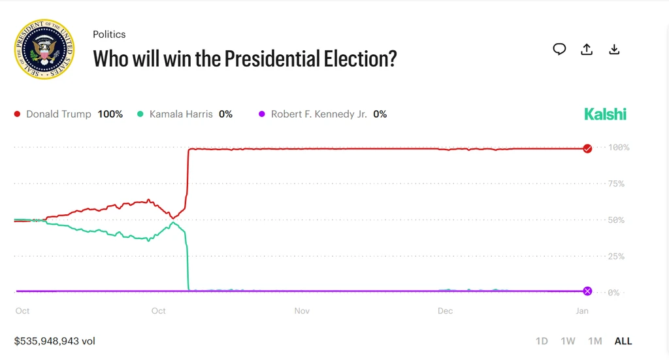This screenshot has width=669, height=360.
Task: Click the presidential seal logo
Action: (44, 50)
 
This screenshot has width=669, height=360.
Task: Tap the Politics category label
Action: (109, 34)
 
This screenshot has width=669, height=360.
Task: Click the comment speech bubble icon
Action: (559, 49)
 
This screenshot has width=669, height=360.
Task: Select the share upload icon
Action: (587, 49)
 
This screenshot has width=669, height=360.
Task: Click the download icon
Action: (614, 49)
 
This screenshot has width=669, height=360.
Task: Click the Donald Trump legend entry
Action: (68, 114)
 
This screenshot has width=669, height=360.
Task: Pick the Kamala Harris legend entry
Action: (184, 114)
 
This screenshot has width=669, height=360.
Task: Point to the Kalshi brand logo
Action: (605, 114)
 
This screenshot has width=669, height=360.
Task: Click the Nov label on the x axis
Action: (302, 311)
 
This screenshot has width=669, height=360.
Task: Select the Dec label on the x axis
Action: (445, 311)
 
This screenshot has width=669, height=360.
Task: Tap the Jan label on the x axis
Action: (582, 311)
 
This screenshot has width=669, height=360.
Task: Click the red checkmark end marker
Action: (587, 148)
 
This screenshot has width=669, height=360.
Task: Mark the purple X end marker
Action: (587, 291)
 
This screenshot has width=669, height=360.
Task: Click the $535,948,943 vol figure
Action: (55, 341)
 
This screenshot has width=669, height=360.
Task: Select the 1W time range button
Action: (568, 341)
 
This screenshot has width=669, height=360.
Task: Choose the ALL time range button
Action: (623, 341)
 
